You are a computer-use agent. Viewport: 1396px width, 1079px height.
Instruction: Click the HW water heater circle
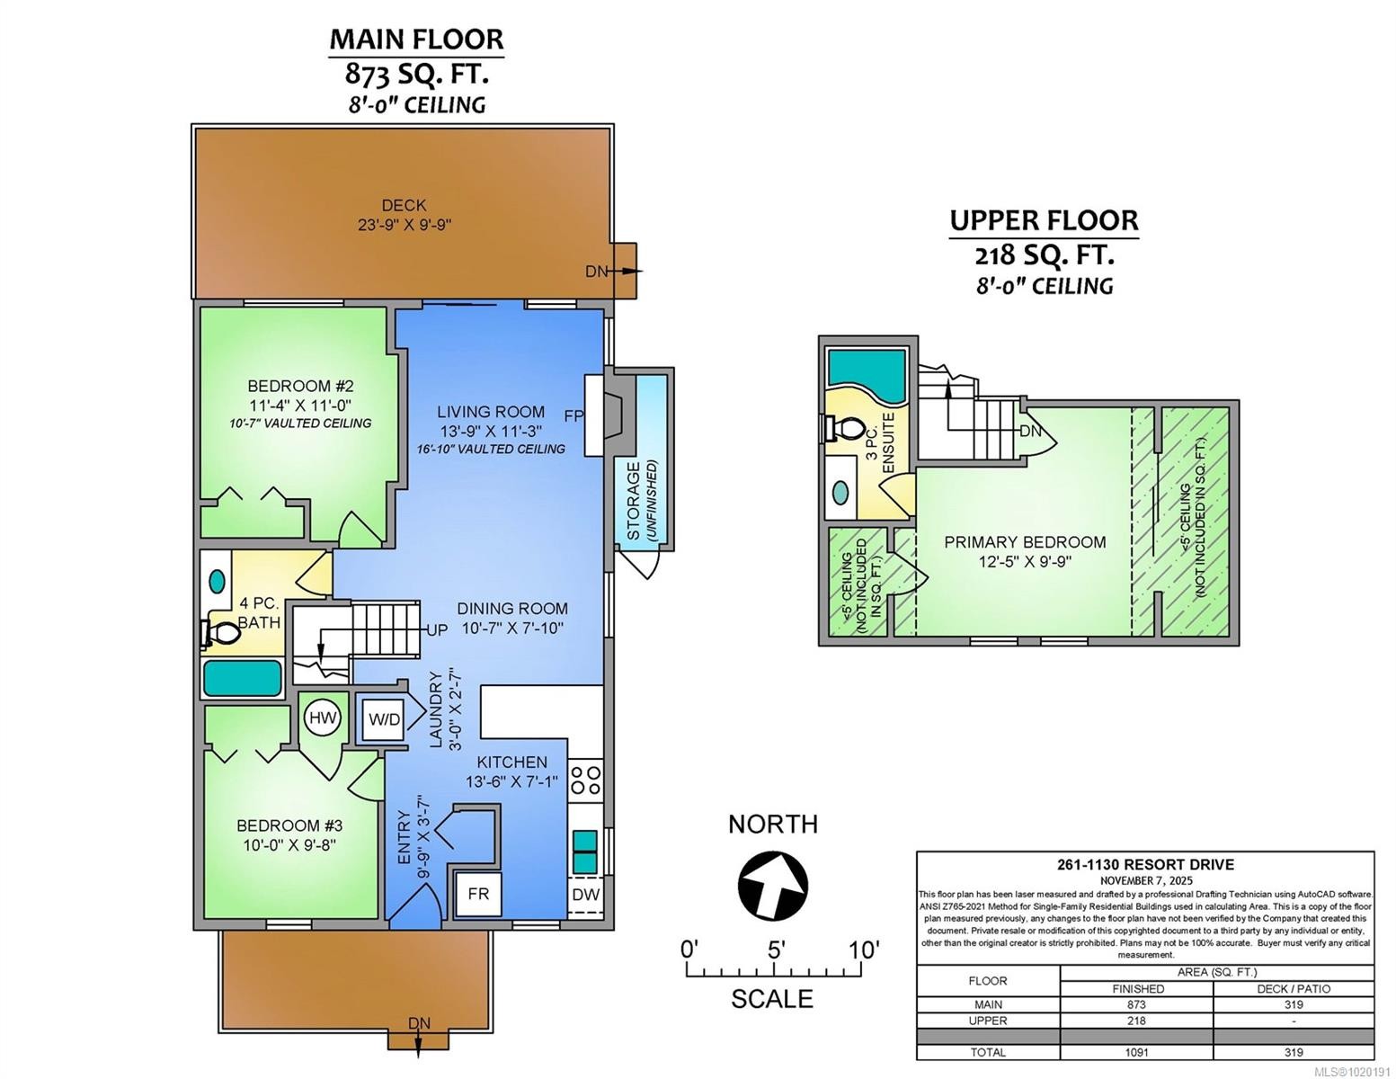[x=323, y=718]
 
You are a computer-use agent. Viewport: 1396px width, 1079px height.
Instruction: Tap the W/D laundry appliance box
[x=384, y=718]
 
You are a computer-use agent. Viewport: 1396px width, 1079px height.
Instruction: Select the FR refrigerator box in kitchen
[x=478, y=895]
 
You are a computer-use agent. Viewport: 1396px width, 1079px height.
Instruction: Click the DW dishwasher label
[x=585, y=895]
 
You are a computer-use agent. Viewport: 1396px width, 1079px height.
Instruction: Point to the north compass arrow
[x=773, y=884]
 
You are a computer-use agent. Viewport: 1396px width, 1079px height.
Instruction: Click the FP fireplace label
[x=574, y=416]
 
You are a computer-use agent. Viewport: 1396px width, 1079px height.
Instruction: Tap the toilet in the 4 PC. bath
[x=220, y=633]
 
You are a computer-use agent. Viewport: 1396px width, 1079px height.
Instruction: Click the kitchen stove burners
[x=586, y=778]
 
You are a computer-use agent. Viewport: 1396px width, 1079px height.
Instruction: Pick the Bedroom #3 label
[x=289, y=825]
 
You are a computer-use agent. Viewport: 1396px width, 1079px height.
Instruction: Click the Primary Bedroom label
[x=1025, y=542]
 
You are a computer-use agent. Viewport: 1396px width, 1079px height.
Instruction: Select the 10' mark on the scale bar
[x=863, y=950]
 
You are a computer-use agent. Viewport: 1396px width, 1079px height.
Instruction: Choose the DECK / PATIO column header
[x=1293, y=988]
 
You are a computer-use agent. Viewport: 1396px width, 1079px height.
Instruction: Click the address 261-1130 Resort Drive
[x=1144, y=865]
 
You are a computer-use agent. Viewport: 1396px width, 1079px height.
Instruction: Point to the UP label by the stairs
[x=437, y=630]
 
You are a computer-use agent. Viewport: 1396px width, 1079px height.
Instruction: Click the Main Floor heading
[x=416, y=40]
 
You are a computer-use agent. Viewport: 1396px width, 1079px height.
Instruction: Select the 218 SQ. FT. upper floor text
[x=1045, y=255]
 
